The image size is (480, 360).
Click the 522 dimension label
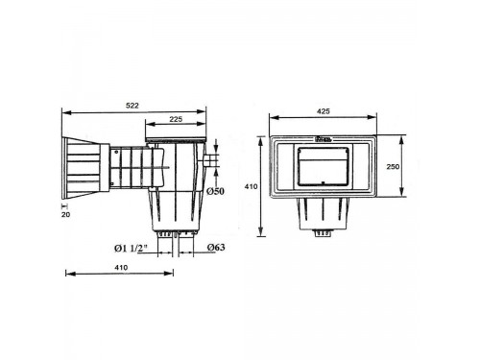[132, 106]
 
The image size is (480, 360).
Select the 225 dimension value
[176, 119]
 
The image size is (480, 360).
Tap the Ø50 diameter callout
[215, 191]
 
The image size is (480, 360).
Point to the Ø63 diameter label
[216, 247]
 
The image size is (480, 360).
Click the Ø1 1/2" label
[131, 248]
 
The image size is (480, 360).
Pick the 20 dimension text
[65, 215]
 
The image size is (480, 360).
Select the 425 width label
[323, 111]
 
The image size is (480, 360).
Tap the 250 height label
[393, 166]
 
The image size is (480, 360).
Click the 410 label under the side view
[121, 267]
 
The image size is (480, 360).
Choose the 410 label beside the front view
[251, 186]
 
